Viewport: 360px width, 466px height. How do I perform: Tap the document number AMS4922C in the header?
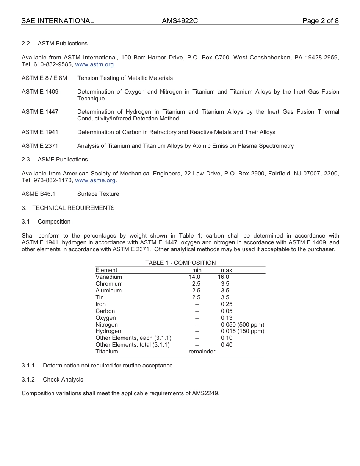click(180, 21)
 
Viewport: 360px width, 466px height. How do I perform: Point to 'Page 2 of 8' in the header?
click(320, 21)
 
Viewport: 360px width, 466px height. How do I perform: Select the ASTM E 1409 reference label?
click(40, 92)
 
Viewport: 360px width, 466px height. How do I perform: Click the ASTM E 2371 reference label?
click(40, 146)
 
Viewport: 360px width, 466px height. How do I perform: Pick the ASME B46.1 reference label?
click(38, 194)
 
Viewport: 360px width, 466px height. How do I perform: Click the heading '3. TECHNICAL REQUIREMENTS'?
click(68, 208)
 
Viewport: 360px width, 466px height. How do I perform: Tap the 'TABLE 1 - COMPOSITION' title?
click(180, 263)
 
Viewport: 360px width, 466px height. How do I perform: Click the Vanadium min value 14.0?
click(194, 277)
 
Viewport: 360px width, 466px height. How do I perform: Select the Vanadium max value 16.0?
click(223, 277)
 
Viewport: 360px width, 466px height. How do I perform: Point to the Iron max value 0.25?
click(227, 304)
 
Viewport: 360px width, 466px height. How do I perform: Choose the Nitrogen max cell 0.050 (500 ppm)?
click(243, 325)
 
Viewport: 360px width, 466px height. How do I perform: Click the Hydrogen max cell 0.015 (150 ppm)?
click(243, 331)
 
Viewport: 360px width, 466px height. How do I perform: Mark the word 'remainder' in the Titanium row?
click(202, 352)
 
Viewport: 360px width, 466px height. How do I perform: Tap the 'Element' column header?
click(106, 270)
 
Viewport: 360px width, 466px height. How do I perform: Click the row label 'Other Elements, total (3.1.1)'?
click(133, 345)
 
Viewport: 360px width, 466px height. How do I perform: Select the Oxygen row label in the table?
click(106, 318)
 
